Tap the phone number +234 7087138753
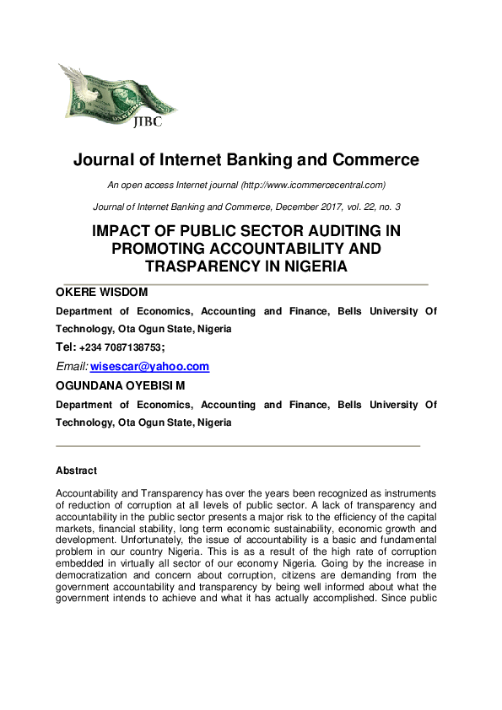tap(122, 347)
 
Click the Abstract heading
tap(76, 471)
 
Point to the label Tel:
tap(66, 347)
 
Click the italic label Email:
tap(71, 367)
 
